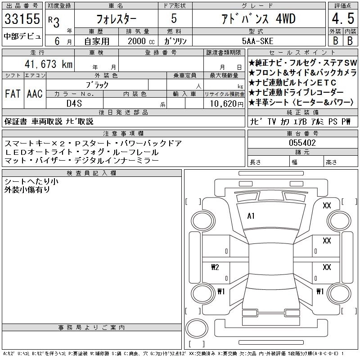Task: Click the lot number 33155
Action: coord(22,19)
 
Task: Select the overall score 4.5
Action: coord(343,18)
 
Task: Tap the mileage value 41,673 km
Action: coord(49,64)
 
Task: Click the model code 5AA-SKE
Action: coord(257,41)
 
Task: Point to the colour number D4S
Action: coord(74,103)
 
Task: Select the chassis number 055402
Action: coord(302,143)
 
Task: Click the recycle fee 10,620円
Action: coord(227,104)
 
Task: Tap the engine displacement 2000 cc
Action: coord(141,41)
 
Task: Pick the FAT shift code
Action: coord(13,94)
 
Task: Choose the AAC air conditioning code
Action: coord(35,94)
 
